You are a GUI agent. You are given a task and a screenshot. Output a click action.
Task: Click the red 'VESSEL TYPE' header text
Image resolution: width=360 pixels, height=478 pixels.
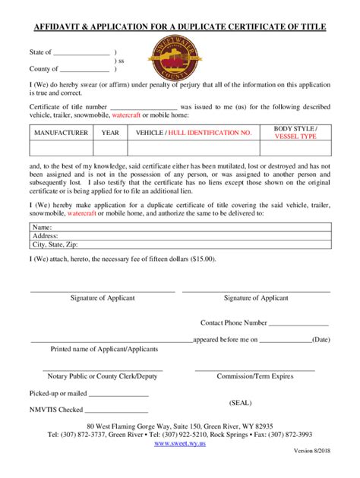[x=295, y=137]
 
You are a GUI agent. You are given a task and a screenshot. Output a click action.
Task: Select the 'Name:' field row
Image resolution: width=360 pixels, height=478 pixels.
[x=179, y=227]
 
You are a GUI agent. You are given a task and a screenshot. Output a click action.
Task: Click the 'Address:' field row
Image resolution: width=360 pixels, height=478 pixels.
[x=179, y=236]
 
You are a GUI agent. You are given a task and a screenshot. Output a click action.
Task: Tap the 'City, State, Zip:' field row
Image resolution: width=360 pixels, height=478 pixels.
[x=179, y=245]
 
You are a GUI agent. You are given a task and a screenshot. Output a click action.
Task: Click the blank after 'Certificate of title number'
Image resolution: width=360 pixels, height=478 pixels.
[x=144, y=109]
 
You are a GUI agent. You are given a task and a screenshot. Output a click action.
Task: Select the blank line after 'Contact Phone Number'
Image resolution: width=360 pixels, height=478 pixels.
[x=299, y=323]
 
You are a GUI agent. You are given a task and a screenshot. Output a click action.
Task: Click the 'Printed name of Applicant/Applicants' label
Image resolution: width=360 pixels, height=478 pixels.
[x=104, y=349]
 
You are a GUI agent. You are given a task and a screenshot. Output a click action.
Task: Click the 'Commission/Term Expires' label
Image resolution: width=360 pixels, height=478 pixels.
[x=254, y=376]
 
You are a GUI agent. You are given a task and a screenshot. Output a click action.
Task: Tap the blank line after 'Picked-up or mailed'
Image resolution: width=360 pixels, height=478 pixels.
[x=119, y=395]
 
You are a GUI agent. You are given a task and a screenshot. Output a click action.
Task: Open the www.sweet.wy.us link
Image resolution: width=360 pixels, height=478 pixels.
[x=180, y=443]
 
